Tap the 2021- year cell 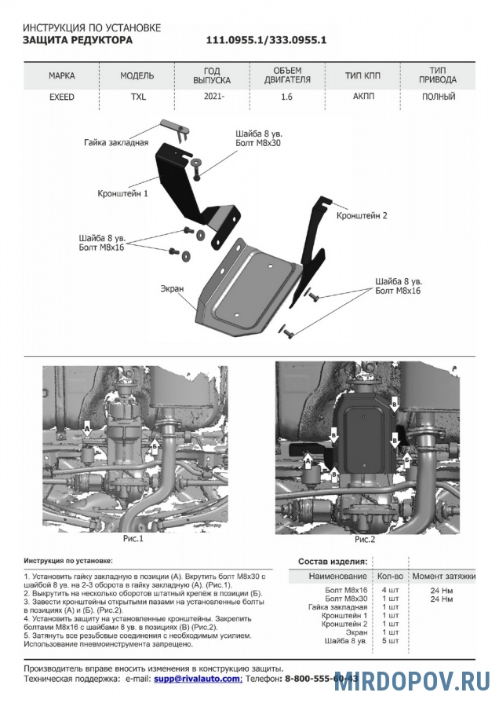pos(211,97)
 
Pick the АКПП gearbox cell pos(363,97)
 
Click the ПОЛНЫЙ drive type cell pos(438,97)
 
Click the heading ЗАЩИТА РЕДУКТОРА pos(78,39)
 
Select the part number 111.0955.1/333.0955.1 pos(266,39)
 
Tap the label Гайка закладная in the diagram pos(115,143)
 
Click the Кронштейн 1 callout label pos(123,192)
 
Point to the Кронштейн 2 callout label pos(362,214)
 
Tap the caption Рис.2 pos(365,540)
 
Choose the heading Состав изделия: pos(333,562)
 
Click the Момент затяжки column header pos(444,577)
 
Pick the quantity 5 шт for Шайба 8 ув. pos(390,641)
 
